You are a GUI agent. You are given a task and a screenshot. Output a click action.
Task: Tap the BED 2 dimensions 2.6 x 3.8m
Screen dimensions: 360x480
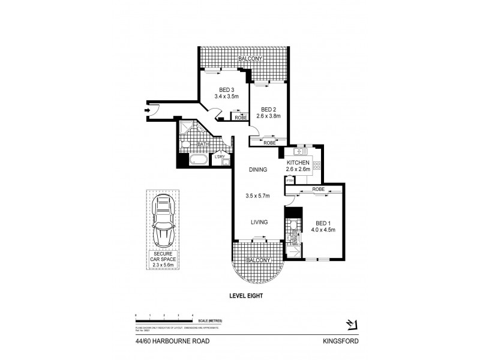(268, 117)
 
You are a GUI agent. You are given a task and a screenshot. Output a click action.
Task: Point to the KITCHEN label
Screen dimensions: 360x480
(298, 163)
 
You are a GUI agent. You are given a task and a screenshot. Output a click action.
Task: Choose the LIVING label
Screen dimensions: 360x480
(259, 221)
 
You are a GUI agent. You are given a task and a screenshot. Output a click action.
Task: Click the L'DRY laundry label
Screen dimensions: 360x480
(220, 157)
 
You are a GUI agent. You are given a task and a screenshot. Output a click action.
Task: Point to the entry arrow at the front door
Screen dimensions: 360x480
(148, 109)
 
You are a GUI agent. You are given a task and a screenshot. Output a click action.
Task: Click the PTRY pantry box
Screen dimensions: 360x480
(289, 181)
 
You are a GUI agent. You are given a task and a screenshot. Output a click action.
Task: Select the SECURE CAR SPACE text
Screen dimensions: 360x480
(162, 259)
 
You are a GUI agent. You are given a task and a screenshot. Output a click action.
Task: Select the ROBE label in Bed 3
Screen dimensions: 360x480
(238, 118)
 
